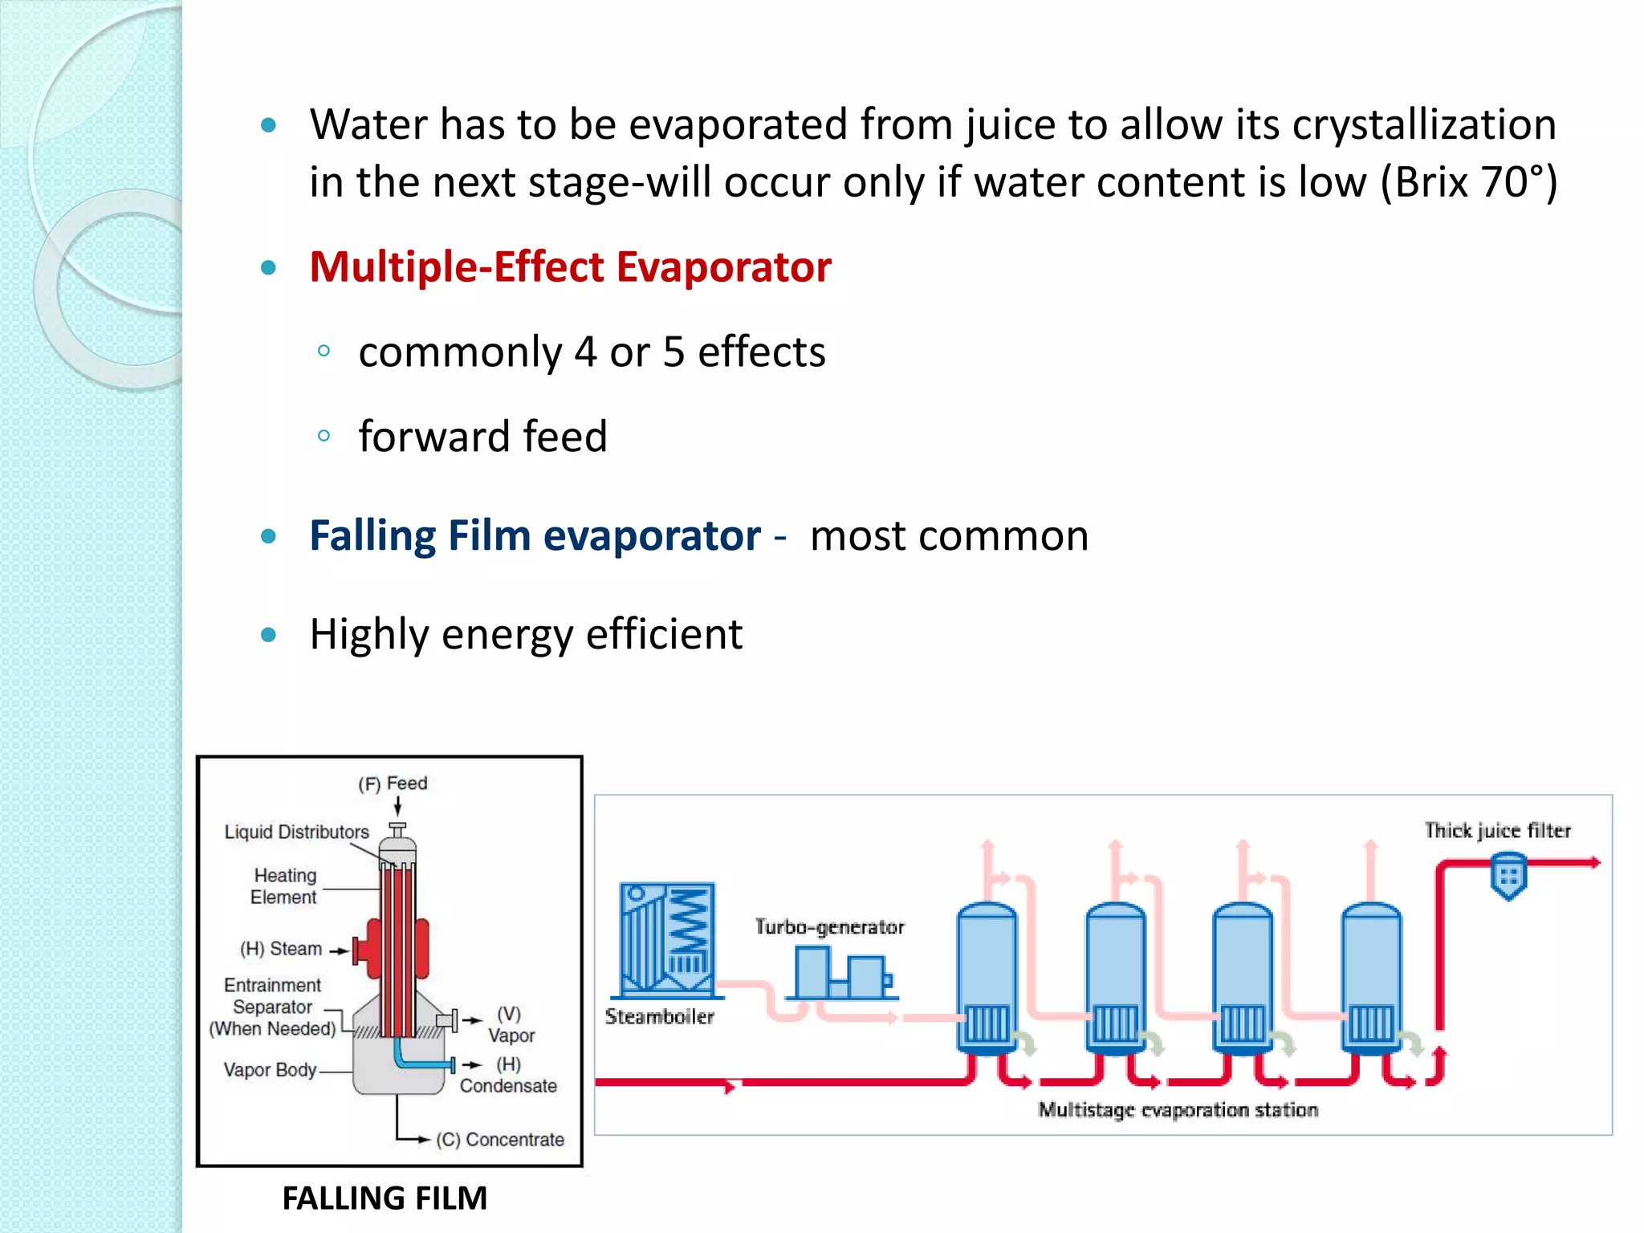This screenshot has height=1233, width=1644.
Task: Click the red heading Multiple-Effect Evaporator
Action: (570, 267)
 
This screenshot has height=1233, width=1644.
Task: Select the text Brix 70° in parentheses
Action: (1468, 182)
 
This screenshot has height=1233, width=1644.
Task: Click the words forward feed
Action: (482, 437)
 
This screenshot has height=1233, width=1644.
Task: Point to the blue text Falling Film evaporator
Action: (535, 535)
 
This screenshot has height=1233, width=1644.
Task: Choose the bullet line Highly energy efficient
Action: (526, 634)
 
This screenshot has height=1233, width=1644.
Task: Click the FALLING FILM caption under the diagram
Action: (385, 1198)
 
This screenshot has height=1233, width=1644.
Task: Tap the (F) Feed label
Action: (393, 783)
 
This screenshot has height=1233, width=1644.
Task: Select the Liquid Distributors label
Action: (296, 832)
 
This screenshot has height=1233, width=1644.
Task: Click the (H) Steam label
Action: (281, 949)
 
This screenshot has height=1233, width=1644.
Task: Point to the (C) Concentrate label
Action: (500, 1139)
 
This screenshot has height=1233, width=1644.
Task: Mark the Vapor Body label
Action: (270, 1070)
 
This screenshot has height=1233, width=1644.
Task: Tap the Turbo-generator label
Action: (829, 927)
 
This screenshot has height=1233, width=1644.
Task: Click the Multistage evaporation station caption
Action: (1178, 1109)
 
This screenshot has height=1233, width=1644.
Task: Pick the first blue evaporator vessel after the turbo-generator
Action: (987, 975)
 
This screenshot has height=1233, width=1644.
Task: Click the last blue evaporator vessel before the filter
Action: (1371, 975)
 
